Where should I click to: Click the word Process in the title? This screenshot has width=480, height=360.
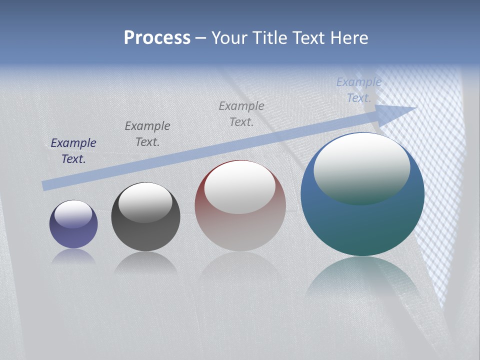[x=157, y=38]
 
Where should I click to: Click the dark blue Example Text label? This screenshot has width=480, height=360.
[x=73, y=150]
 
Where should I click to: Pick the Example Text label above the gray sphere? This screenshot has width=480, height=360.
[x=147, y=133]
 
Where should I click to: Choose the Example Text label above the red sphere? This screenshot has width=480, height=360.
[x=241, y=113]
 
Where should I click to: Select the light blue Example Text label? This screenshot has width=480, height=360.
[x=359, y=90]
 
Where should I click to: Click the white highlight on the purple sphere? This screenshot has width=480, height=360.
[x=73, y=214]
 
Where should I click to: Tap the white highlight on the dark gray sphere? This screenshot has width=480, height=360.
[x=145, y=202]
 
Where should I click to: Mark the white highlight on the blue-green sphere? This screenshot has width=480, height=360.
[x=362, y=167]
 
